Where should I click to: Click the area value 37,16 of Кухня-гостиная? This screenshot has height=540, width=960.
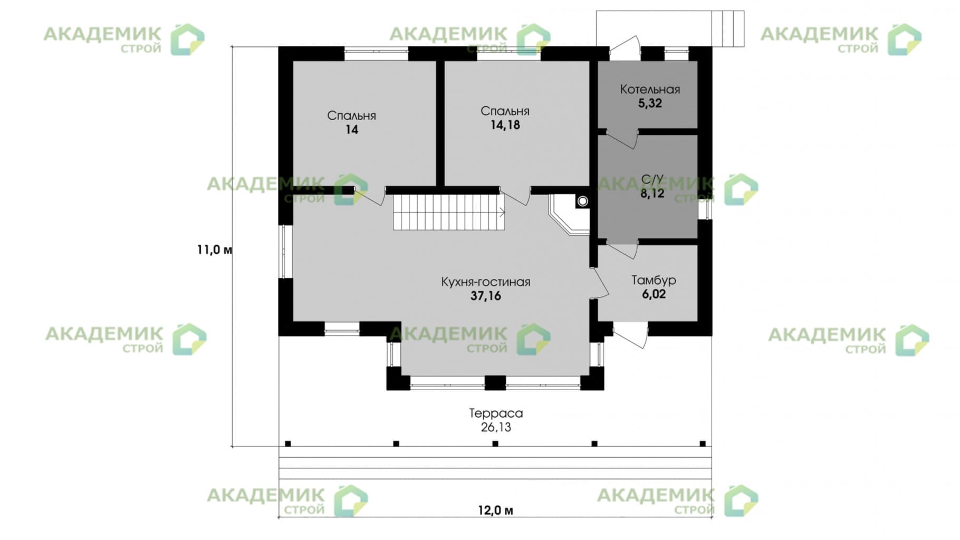click(485, 296)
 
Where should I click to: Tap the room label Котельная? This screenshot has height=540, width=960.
click(650, 89)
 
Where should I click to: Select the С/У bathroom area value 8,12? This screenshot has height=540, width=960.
click(652, 194)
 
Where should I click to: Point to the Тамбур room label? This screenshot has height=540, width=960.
click(654, 280)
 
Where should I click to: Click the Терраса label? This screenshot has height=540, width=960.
click(496, 413)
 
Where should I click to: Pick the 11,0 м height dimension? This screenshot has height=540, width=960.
click(214, 249)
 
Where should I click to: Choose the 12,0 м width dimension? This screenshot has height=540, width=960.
click(495, 510)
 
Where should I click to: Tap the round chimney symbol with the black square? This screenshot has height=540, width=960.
click(582, 201)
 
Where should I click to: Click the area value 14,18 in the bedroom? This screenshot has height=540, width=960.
click(505, 125)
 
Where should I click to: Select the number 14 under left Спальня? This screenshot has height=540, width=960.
click(352, 130)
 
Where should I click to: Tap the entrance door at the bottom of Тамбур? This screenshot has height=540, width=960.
click(630, 335)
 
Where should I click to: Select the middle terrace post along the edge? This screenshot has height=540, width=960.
click(495, 443)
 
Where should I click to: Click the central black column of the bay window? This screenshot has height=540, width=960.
click(495, 382)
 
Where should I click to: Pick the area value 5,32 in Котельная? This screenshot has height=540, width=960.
click(650, 103)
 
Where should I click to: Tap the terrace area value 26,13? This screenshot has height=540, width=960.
click(496, 427)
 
